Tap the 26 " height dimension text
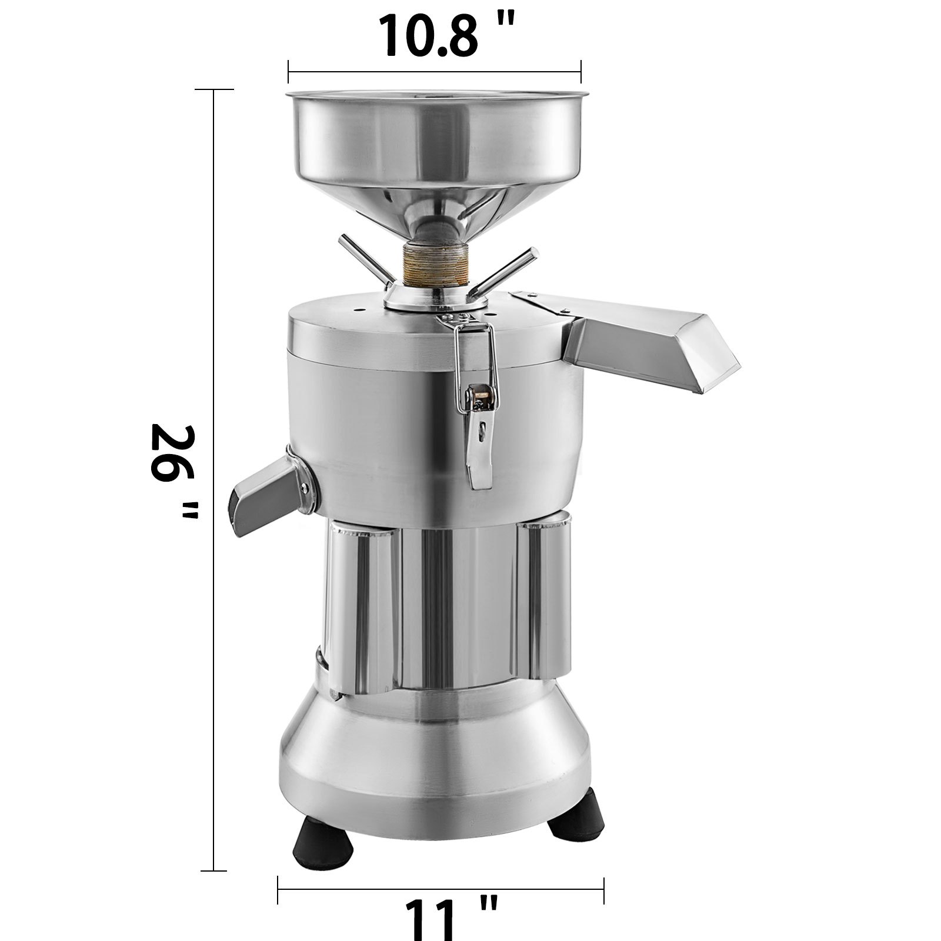[172, 470]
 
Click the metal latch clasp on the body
[478, 406]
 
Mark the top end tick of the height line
[213, 89]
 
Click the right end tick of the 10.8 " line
[581, 72]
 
